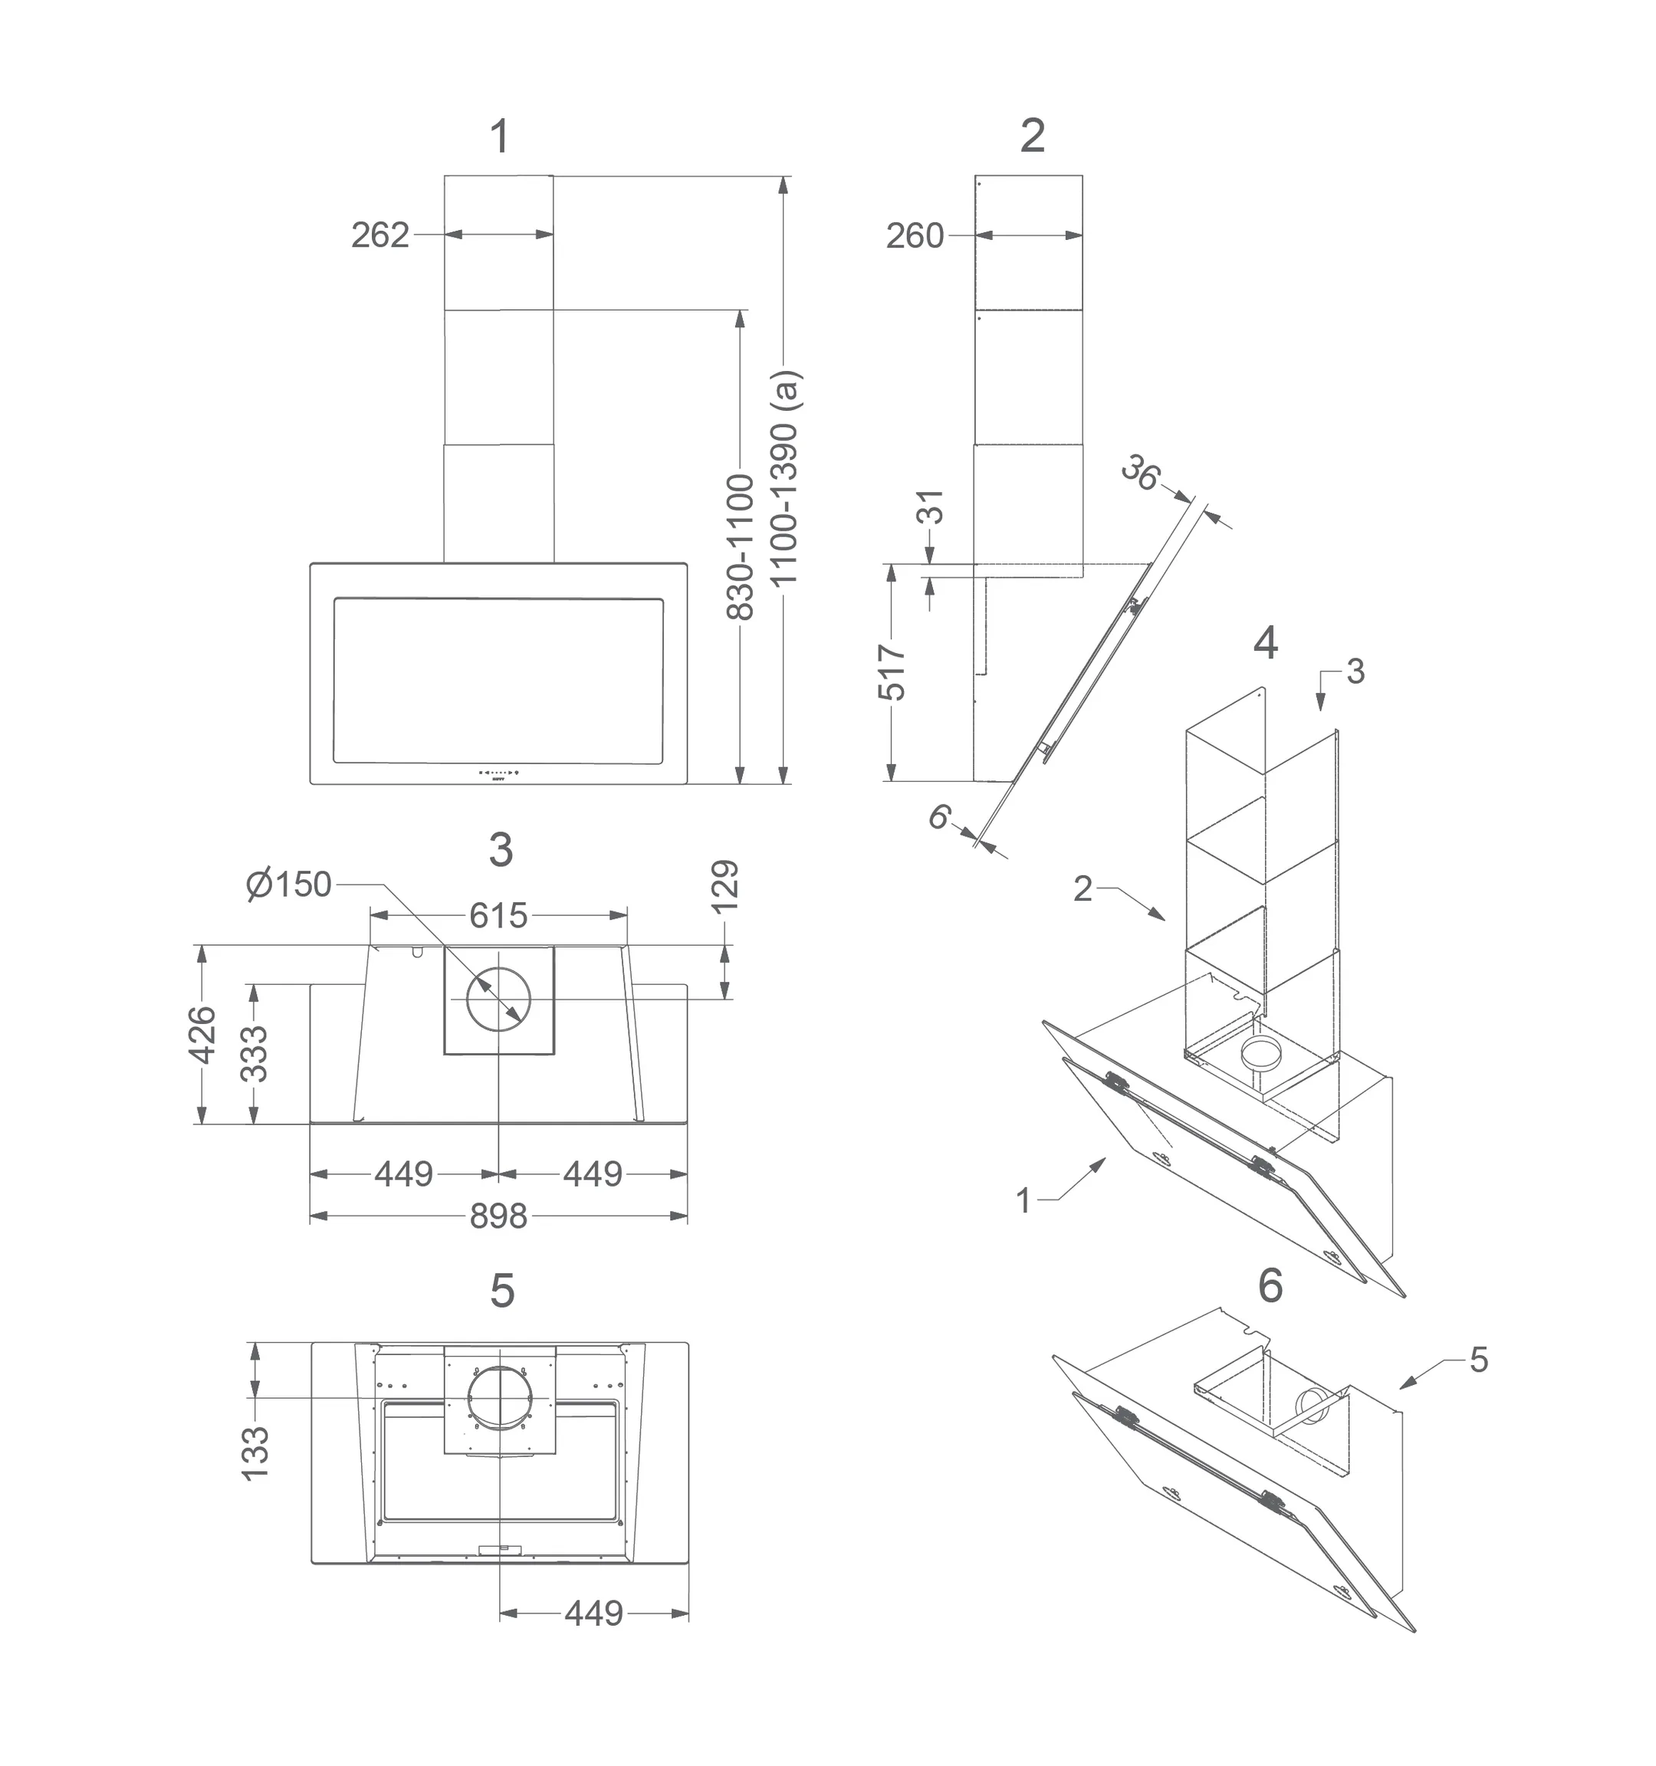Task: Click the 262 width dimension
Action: pos(380,235)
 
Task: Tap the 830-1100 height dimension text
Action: pos(741,547)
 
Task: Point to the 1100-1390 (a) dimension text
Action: pos(785,477)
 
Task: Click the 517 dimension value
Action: pos(892,672)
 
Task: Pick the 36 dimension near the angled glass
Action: pos(1141,473)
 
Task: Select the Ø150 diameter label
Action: pos(289,885)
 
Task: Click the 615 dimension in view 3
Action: pos(498,915)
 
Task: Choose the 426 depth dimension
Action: pos(203,1034)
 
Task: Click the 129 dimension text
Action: pos(726,885)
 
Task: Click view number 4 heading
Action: pos(1265,642)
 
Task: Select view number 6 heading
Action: pos(1270,1285)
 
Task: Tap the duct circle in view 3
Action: pos(498,1000)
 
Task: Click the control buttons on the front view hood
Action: pos(499,772)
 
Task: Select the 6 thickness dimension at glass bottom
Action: pos(940,816)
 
